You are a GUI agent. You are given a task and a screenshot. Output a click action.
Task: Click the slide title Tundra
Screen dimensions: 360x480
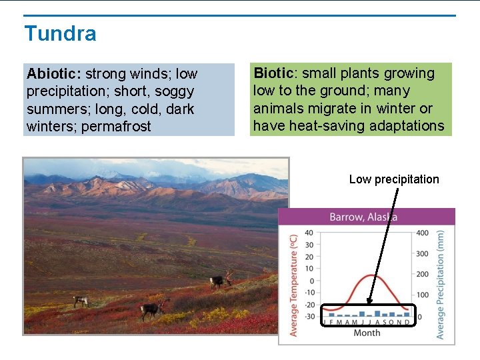pos(60,33)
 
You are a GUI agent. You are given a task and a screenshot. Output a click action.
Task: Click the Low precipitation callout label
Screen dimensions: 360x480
pos(394,179)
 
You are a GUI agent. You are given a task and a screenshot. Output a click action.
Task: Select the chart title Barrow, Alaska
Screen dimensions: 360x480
pos(363,217)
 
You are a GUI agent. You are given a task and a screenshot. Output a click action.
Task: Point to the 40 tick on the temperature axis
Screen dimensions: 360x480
pos(309,233)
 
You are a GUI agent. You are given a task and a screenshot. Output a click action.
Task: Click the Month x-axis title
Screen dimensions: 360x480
pos(367,333)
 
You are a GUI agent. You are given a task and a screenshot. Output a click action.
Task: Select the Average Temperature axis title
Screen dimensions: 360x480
pos(293,285)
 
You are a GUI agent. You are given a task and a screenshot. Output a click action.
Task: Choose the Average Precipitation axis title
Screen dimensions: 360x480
pos(441,285)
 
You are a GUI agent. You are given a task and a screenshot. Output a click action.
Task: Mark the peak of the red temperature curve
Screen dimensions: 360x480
pos(374,275)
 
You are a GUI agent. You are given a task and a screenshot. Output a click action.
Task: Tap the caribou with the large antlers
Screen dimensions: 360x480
pos(221,281)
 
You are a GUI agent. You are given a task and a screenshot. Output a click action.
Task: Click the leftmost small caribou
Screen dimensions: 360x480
pos(81,301)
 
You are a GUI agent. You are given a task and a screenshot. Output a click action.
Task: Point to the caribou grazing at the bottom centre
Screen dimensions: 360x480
pos(152,309)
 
